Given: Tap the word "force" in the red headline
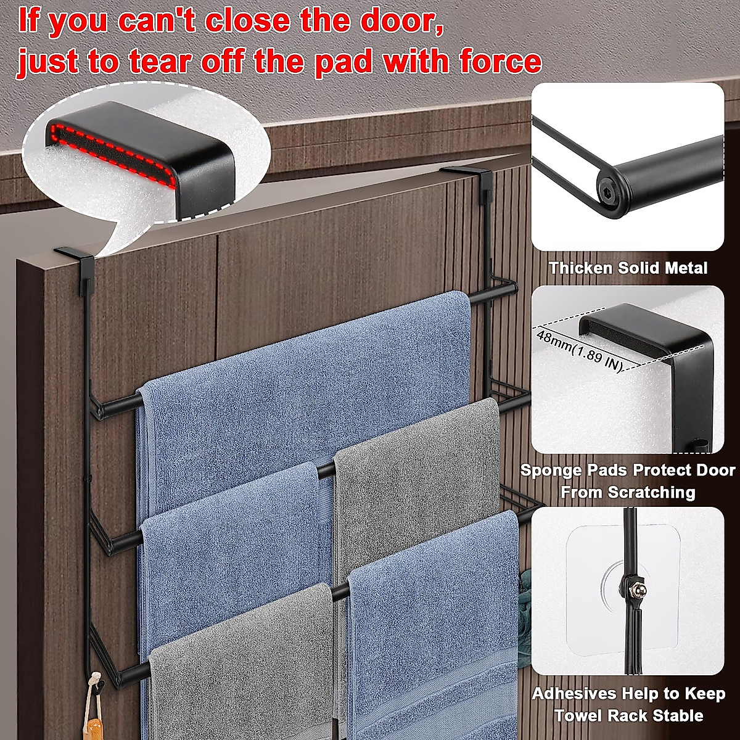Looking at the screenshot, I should [498, 62].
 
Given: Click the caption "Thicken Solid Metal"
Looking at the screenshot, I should [628, 268].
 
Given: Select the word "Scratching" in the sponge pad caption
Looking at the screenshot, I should [651, 493].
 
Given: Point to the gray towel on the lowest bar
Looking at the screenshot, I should [240, 666].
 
